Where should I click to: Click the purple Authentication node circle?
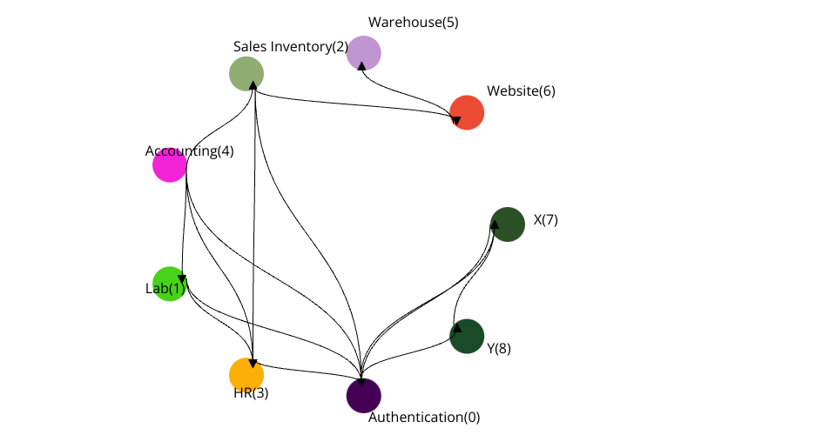click(x=364, y=395)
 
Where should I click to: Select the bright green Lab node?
click(x=170, y=284)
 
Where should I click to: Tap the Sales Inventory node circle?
click(x=246, y=74)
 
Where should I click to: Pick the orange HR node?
click(x=246, y=374)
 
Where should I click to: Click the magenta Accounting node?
click(x=170, y=164)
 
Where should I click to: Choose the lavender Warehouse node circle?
click(x=364, y=53)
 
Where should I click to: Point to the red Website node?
click(x=467, y=112)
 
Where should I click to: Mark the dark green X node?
click(x=508, y=224)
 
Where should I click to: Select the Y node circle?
click(x=467, y=336)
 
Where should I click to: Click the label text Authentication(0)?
click(x=424, y=418)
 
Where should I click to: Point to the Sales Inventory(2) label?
click(x=291, y=46)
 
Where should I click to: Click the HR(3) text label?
click(x=251, y=392)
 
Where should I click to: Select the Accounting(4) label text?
click(x=189, y=151)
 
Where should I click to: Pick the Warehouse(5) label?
click(x=413, y=23)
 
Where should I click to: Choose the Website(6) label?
click(x=521, y=90)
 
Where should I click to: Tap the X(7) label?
click(x=545, y=220)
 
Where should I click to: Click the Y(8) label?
click(x=499, y=348)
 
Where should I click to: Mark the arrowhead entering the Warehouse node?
click(x=362, y=66)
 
